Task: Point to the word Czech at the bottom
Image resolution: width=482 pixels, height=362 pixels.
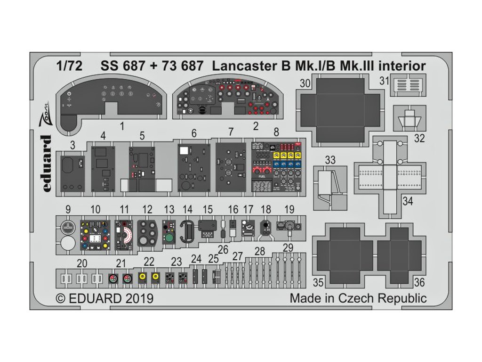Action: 354,298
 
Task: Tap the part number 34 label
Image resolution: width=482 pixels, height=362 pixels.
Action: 408,202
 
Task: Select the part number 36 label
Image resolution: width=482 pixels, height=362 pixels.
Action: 420,283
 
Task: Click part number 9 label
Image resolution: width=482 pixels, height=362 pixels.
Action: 68,209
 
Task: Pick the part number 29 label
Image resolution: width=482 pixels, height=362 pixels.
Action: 288,248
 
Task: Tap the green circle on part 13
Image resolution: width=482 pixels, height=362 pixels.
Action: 169,239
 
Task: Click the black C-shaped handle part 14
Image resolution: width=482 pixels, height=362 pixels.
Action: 187,232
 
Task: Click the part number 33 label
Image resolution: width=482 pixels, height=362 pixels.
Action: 330,160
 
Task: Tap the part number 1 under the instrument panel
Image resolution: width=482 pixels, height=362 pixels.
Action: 121,126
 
